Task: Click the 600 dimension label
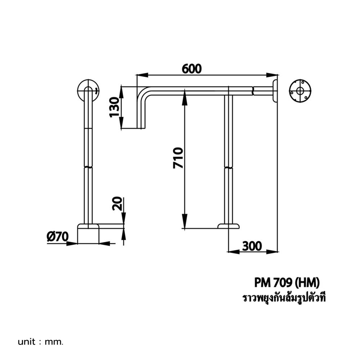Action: pyautogui.click(x=192, y=68)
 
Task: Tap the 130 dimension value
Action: pyautogui.click(x=114, y=107)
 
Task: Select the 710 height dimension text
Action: pyautogui.click(x=179, y=158)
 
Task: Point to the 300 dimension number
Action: pyautogui.click(x=252, y=246)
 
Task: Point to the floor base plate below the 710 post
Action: pyautogui.click(x=228, y=226)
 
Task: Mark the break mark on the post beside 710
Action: pyautogui.click(x=228, y=167)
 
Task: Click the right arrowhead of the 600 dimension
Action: pyautogui.click(x=274, y=75)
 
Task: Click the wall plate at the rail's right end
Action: pyautogui.click(x=276, y=91)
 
